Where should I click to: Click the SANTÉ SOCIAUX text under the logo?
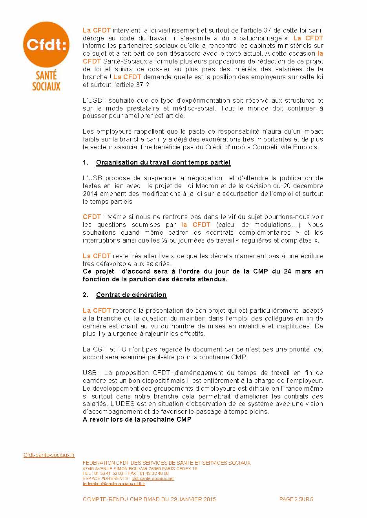[46, 80]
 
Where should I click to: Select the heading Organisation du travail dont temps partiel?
[163, 163]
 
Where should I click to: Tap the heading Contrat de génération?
[131, 295]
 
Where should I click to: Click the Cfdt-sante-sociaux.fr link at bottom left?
[49, 455]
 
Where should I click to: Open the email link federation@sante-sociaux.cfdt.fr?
[114, 484]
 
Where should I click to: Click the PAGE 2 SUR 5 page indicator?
[296, 500]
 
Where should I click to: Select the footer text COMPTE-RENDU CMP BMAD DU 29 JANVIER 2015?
[149, 500]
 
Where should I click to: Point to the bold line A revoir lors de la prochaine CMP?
[137, 420]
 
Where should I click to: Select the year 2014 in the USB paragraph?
[90, 194]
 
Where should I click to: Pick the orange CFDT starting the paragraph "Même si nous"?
[92, 217]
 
